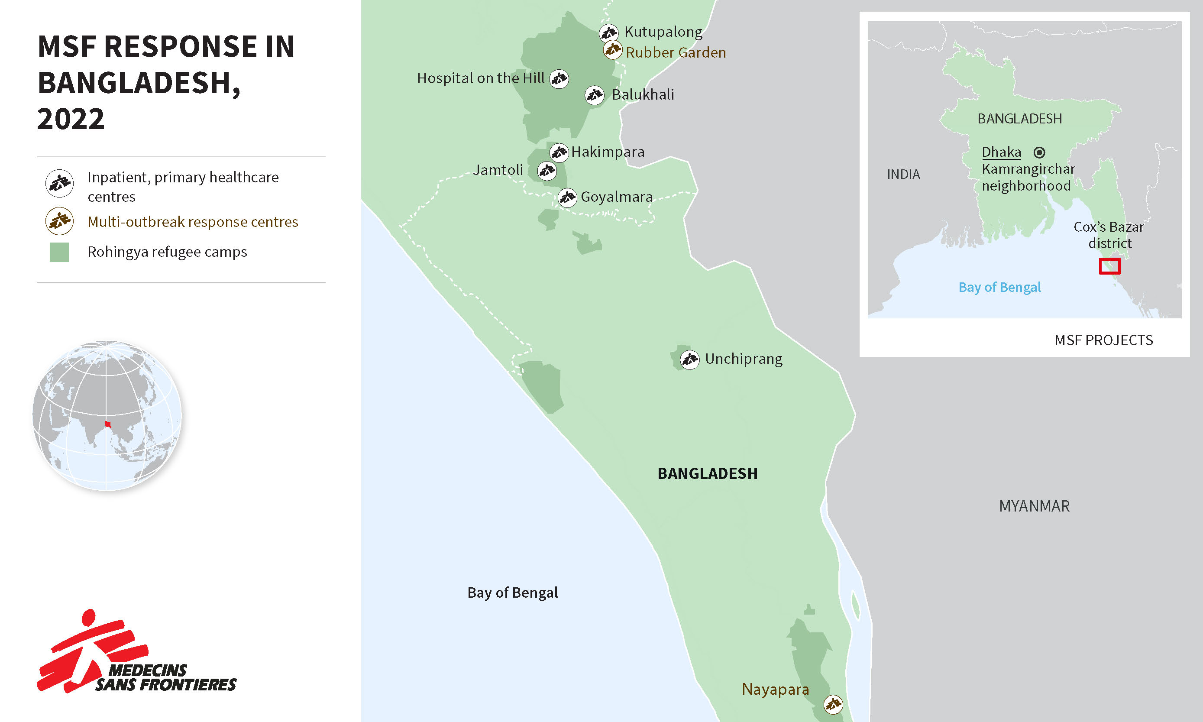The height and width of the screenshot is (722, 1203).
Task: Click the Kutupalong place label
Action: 663,32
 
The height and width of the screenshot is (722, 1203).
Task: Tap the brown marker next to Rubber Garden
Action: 612,50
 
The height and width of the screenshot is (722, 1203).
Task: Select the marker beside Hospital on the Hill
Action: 559,78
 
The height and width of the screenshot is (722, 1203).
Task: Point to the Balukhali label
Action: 643,95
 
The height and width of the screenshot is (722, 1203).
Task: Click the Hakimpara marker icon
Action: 559,153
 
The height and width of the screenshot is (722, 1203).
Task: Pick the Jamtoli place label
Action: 498,170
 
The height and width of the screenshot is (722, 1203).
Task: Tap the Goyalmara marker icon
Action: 567,197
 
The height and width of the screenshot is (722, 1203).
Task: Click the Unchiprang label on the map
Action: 743,359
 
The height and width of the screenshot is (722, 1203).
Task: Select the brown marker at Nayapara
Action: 833,704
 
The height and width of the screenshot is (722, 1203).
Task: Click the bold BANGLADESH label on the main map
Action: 707,474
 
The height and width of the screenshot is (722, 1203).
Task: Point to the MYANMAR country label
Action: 1034,506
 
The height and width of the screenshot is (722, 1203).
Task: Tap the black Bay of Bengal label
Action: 512,592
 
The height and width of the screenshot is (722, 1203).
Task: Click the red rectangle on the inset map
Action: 1109,266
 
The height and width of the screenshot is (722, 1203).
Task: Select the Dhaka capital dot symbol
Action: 1039,153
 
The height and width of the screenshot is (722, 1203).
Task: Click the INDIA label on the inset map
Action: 903,174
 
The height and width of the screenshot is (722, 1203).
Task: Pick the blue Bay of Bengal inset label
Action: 999,288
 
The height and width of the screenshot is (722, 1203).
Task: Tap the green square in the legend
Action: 59,253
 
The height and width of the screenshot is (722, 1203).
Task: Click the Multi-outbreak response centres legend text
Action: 193,222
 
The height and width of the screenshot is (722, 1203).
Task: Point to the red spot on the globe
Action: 108,425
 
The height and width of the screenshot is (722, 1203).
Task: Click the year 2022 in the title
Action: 71,119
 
